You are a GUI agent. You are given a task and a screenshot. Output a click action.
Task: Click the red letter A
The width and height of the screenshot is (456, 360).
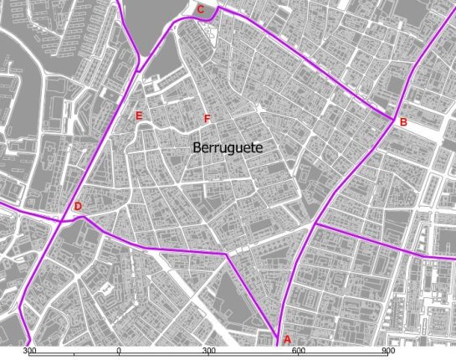click(x=287, y=339)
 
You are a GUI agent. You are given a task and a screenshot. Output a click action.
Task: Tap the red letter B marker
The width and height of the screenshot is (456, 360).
click(x=403, y=122)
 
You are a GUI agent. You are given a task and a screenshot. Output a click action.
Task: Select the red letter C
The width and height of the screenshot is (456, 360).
click(x=200, y=9)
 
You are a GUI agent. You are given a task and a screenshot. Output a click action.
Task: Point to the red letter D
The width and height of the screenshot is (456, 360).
click(x=78, y=207)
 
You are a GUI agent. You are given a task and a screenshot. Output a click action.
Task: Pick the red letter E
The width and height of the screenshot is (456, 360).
click(x=139, y=116)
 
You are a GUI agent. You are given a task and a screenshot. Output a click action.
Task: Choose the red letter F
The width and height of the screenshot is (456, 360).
click(x=207, y=119)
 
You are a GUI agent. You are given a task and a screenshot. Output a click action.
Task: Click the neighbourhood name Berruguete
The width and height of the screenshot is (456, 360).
click(x=228, y=147)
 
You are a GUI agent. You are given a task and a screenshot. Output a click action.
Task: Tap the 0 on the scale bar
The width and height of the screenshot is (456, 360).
click(x=119, y=351)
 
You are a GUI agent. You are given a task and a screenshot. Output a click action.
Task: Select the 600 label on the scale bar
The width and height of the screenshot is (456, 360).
click(x=299, y=351)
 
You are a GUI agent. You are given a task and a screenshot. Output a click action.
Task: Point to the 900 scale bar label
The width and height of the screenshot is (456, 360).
click(x=388, y=351)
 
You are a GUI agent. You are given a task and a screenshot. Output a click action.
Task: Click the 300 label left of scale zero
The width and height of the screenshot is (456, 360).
click(x=29, y=351)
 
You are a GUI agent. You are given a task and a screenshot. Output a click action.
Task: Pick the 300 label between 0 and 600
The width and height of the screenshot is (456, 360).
click(x=209, y=351)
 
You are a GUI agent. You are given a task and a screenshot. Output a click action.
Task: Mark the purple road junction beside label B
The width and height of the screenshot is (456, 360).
click(x=392, y=119)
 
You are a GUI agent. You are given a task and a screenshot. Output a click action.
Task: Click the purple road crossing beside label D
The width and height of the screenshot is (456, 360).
click(x=64, y=220)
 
